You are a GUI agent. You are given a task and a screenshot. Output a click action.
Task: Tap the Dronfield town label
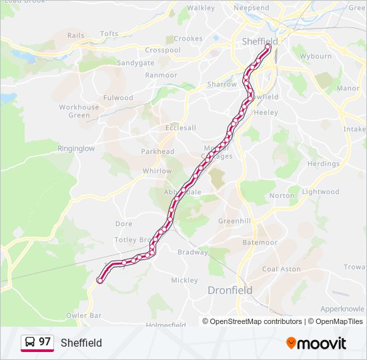[230, 290]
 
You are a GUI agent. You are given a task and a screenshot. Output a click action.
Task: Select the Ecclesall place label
[181, 128]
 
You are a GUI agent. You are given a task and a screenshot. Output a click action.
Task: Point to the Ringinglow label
[76, 149]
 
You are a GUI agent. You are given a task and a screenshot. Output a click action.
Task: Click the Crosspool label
[163, 50]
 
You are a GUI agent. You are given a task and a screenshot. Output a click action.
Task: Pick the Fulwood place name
[118, 97]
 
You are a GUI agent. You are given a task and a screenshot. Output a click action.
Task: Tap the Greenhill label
[234, 221]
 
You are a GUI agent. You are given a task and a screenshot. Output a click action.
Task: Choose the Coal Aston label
[282, 269]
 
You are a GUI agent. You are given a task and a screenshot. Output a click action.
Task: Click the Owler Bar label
[84, 315]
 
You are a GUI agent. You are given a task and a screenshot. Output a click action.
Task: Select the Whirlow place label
[157, 171]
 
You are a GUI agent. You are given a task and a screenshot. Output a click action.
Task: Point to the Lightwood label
[320, 191]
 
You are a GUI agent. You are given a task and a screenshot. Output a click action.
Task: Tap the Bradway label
[193, 252]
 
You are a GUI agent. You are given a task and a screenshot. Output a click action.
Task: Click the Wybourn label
[316, 56]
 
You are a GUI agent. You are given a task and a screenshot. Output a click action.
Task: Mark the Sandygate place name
[135, 63]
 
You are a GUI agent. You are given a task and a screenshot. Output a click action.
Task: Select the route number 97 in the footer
[45, 342]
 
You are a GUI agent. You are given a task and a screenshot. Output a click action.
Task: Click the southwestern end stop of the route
[100, 281]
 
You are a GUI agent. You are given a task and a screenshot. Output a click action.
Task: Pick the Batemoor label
[260, 242]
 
